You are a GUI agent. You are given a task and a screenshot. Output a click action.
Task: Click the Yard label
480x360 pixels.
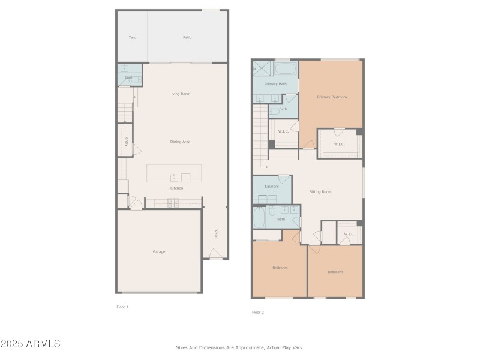[132, 37]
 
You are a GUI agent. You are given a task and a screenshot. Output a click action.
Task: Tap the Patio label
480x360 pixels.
[187, 37]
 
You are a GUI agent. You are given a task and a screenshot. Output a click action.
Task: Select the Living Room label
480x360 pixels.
[179, 94]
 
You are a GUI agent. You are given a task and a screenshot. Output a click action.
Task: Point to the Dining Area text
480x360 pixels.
[180, 142]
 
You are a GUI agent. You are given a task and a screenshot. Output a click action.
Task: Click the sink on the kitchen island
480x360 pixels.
[174, 177]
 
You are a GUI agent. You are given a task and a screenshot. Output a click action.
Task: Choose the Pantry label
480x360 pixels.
[126, 140]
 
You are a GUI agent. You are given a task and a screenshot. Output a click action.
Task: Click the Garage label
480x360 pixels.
[158, 251]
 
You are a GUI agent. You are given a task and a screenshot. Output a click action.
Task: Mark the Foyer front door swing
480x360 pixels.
[215, 254]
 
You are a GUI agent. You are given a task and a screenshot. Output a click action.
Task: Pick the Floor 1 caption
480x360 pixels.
[122, 307]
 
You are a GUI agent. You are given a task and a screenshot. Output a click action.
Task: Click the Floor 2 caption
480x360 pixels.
[257, 312]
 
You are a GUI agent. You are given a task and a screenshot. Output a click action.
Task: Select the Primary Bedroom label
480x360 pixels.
[332, 97]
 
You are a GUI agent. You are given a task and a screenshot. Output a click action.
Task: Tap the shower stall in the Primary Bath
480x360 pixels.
[262, 68]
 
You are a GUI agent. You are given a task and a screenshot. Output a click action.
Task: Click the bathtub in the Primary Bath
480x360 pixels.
[286, 68]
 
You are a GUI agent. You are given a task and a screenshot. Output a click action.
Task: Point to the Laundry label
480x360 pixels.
[271, 186]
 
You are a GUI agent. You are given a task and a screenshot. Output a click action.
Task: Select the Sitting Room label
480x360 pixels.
[320, 191]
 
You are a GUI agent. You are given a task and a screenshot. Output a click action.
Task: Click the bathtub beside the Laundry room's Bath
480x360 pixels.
[259, 217]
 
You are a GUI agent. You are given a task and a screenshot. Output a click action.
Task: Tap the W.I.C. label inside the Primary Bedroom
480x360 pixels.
[339, 144]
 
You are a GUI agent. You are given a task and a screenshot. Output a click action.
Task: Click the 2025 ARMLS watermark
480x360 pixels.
[30, 344]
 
